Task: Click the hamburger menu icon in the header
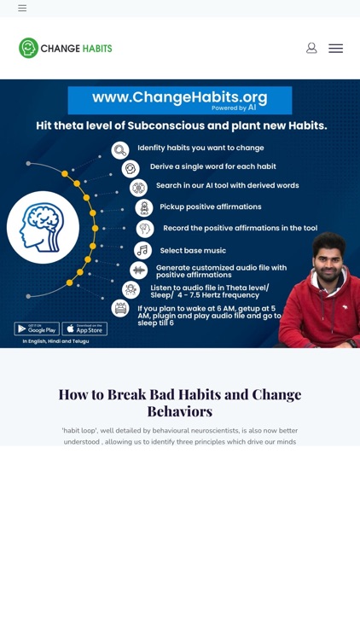335,49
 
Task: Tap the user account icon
311,49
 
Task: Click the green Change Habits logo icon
29,49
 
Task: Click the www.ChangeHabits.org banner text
179,97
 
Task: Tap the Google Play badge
37,329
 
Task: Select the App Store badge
84,329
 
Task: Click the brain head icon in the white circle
43,228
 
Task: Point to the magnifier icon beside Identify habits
120,150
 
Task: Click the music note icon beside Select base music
142,250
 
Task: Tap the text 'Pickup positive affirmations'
211,207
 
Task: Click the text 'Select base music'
193,250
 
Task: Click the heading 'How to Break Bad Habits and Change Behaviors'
180,402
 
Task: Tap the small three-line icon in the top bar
22,8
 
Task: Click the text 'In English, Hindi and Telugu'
55,341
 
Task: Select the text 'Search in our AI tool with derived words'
227,185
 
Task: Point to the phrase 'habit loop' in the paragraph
79,431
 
